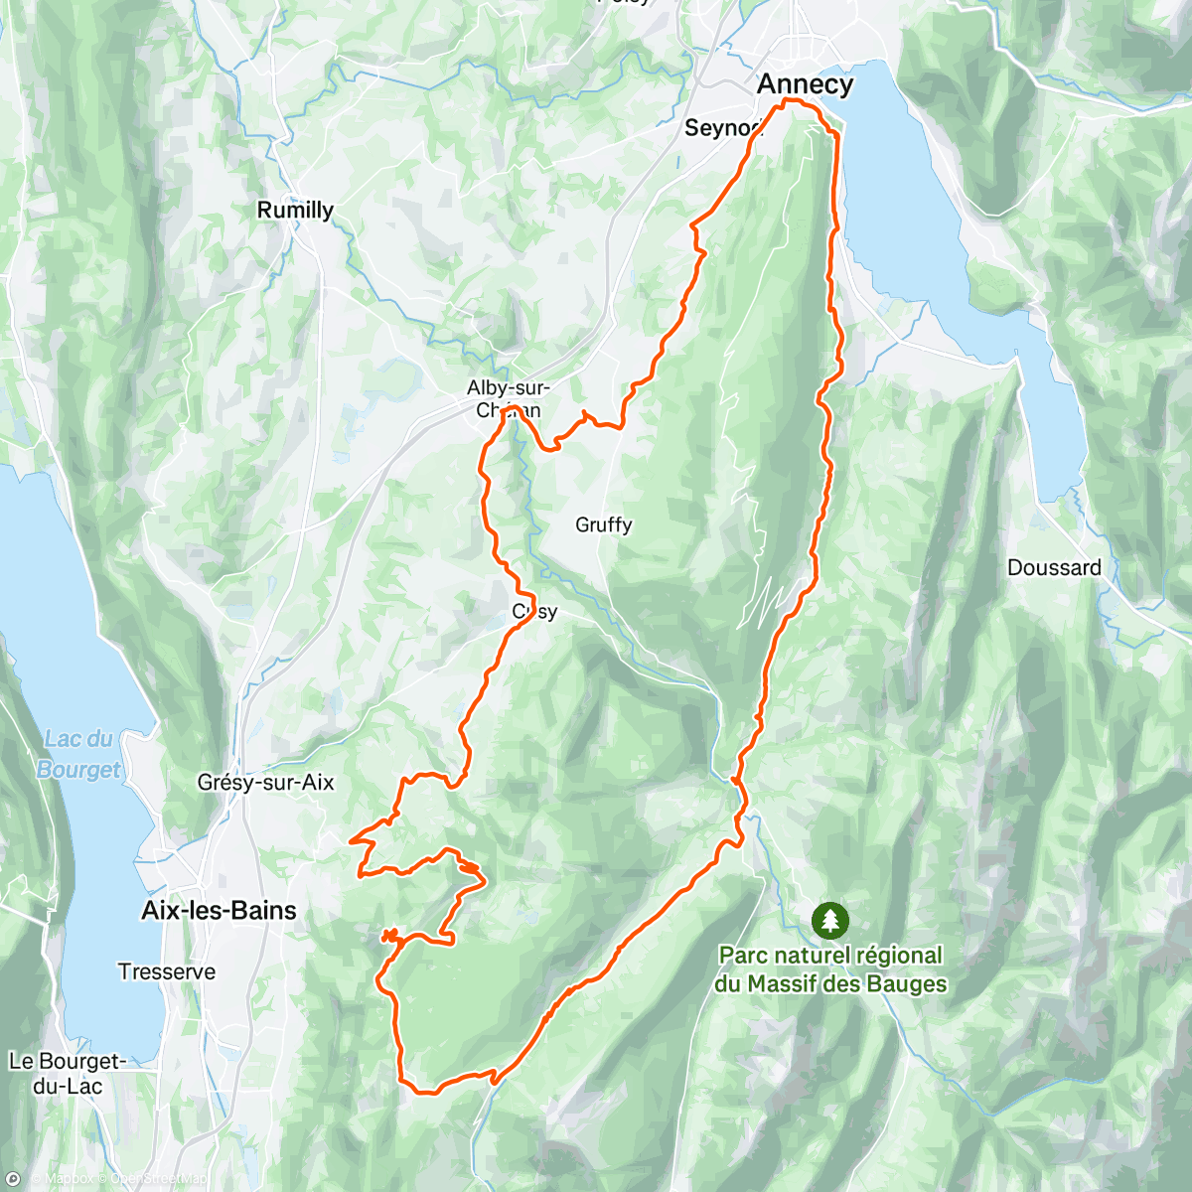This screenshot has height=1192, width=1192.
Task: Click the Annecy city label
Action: [805, 84]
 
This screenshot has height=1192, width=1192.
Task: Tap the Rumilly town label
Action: [295, 210]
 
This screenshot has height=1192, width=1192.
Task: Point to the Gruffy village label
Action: [603, 524]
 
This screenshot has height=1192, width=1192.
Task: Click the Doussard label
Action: [1054, 568]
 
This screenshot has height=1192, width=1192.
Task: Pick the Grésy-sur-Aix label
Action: [265, 783]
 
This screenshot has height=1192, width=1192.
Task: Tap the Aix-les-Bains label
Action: [219, 911]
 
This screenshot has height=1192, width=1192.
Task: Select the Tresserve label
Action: [167, 971]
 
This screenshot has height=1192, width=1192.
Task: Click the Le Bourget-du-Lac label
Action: [68, 1074]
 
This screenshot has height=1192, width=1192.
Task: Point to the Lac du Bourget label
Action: [79, 754]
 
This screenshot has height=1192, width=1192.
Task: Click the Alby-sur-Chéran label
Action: [508, 398]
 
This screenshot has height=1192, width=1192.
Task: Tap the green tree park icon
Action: [829, 920]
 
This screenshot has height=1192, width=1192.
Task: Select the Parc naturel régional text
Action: [830, 956]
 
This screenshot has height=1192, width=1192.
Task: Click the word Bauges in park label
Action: [906, 984]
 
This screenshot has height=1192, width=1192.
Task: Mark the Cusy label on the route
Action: [534, 612]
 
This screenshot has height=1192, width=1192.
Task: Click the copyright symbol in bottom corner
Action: [13, 1179]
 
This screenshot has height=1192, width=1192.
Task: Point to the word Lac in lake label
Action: [63, 739]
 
